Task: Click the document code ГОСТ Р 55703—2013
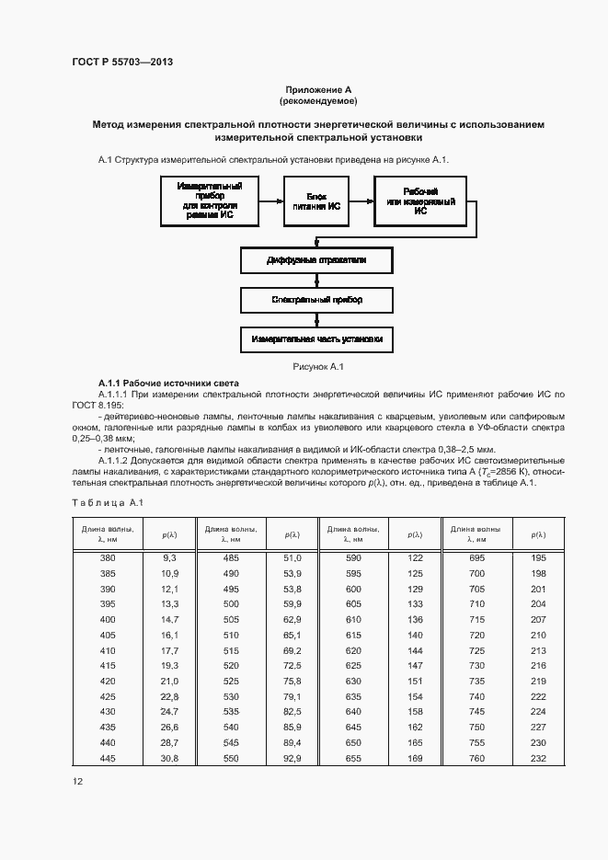tap(122, 63)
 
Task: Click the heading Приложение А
tap(317, 88)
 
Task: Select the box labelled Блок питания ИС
tap(317, 202)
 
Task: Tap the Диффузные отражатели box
tap(317, 260)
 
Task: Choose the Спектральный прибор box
tap(317, 300)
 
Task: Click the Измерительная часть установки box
tap(317, 339)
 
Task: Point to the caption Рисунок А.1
tap(317, 367)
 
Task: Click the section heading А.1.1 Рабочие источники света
tap(168, 383)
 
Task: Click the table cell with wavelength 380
tap(108, 558)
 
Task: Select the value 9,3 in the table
tap(168, 558)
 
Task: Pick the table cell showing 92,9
tap(293, 757)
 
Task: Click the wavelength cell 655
tap(353, 757)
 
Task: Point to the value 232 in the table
tap(538, 757)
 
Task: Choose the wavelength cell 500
tap(230, 603)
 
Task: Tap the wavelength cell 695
tap(476, 558)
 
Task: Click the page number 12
tap(78, 781)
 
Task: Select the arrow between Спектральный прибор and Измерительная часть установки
tap(317, 319)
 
